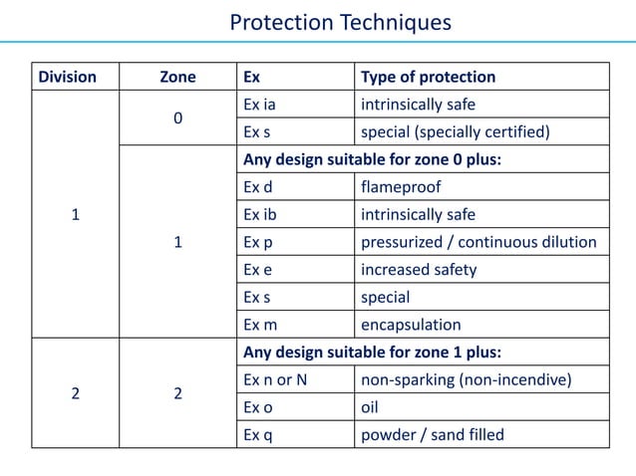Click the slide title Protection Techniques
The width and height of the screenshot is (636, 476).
(x=340, y=22)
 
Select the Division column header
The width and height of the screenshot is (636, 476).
(x=67, y=77)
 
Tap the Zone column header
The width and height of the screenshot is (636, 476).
(x=177, y=77)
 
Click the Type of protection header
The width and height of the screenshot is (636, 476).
(x=428, y=77)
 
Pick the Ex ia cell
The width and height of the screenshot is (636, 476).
(x=258, y=105)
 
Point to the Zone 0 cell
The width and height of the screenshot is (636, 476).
(x=177, y=119)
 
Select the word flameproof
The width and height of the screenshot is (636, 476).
(x=401, y=187)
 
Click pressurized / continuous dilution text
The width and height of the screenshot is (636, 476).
(x=478, y=242)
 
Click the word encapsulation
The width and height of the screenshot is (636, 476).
(x=411, y=325)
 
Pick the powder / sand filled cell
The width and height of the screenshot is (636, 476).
(x=433, y=434)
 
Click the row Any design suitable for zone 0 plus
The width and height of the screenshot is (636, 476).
(x=371, y=159)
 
